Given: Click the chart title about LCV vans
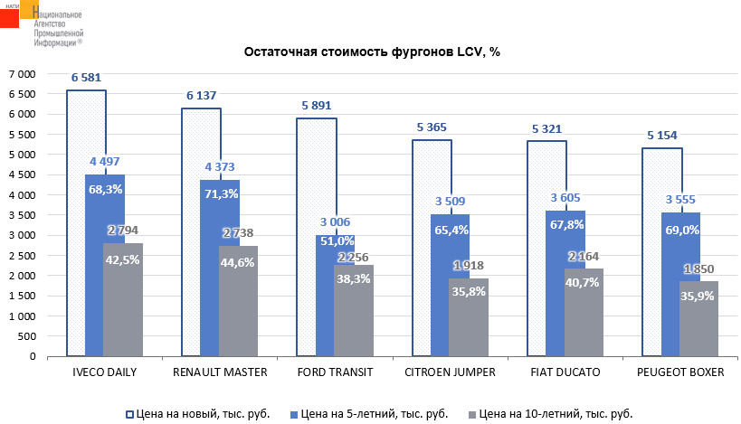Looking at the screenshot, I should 372,52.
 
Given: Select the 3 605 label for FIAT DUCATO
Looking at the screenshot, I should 565,198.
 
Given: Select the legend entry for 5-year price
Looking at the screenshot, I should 371,413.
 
